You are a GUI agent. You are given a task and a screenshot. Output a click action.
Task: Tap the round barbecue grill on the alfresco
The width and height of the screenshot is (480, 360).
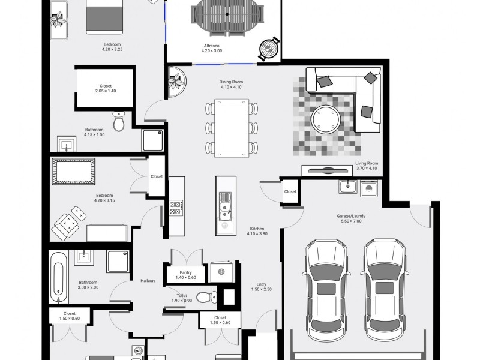click(269, 49)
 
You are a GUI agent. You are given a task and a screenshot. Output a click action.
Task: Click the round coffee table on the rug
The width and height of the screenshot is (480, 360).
click(325, 119)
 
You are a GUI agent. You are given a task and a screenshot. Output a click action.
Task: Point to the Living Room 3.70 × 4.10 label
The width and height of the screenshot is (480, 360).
click(367, 166)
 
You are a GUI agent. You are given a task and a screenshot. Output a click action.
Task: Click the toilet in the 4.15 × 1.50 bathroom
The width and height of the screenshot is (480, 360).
click(119, 121)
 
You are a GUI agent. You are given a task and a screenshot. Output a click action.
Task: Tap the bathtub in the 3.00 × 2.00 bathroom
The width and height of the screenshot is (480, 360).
click(58, 278)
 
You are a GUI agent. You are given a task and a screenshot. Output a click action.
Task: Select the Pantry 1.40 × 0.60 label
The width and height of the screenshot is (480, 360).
click(186, 275)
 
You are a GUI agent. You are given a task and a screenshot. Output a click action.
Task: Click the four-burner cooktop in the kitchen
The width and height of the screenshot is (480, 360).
click(176, 208)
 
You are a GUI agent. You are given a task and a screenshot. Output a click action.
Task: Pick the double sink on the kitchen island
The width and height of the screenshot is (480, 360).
click(226, 206)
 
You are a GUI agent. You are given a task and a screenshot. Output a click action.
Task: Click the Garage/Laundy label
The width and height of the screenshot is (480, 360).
click(351, 218)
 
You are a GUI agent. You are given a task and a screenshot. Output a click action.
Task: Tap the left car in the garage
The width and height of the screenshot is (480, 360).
click(326, 290)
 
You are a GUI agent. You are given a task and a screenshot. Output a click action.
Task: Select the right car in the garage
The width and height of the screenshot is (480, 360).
click(385, 290)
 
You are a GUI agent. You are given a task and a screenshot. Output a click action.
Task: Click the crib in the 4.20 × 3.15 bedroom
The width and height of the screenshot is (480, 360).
click(73, 171)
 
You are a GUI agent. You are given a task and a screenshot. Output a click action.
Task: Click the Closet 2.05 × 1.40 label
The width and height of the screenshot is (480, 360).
click(106, 88)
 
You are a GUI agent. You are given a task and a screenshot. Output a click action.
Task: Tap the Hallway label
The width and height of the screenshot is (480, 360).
click(148, 281)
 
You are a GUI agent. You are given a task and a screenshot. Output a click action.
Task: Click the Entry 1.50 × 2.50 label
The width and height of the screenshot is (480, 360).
click(262, 287)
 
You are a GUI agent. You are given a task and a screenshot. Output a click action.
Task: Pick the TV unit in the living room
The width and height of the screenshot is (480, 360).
click(327, 171)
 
